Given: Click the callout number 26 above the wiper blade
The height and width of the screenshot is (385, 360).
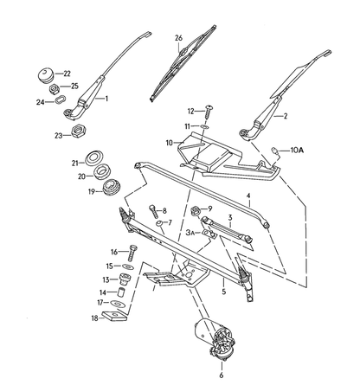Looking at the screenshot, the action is click(178, 38).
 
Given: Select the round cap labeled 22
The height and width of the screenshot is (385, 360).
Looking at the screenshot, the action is click(46, 75).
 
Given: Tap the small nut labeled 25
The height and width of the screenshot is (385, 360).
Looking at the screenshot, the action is click(54, 89).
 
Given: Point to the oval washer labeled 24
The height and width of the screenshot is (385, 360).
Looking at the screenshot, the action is click(61, 100).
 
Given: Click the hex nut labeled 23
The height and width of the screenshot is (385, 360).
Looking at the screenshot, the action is click(77, 131).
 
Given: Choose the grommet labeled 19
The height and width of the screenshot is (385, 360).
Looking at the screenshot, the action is click(111, 188).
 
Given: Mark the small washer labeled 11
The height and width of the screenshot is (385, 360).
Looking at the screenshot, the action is click(204, 126).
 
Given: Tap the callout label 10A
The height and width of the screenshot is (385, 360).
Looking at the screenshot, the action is click(297, 151).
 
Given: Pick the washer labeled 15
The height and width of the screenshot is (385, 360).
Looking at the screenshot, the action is click(127, 266).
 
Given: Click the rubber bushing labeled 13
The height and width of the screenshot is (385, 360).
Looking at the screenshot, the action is click(125, 279).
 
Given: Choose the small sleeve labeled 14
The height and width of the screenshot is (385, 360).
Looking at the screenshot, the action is click(122, 292).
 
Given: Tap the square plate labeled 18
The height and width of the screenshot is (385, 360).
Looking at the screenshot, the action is click(115, 316).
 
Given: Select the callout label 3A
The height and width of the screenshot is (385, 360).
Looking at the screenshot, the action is click(190, 233).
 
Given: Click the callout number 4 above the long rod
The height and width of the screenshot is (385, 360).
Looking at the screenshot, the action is click(248, 196).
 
